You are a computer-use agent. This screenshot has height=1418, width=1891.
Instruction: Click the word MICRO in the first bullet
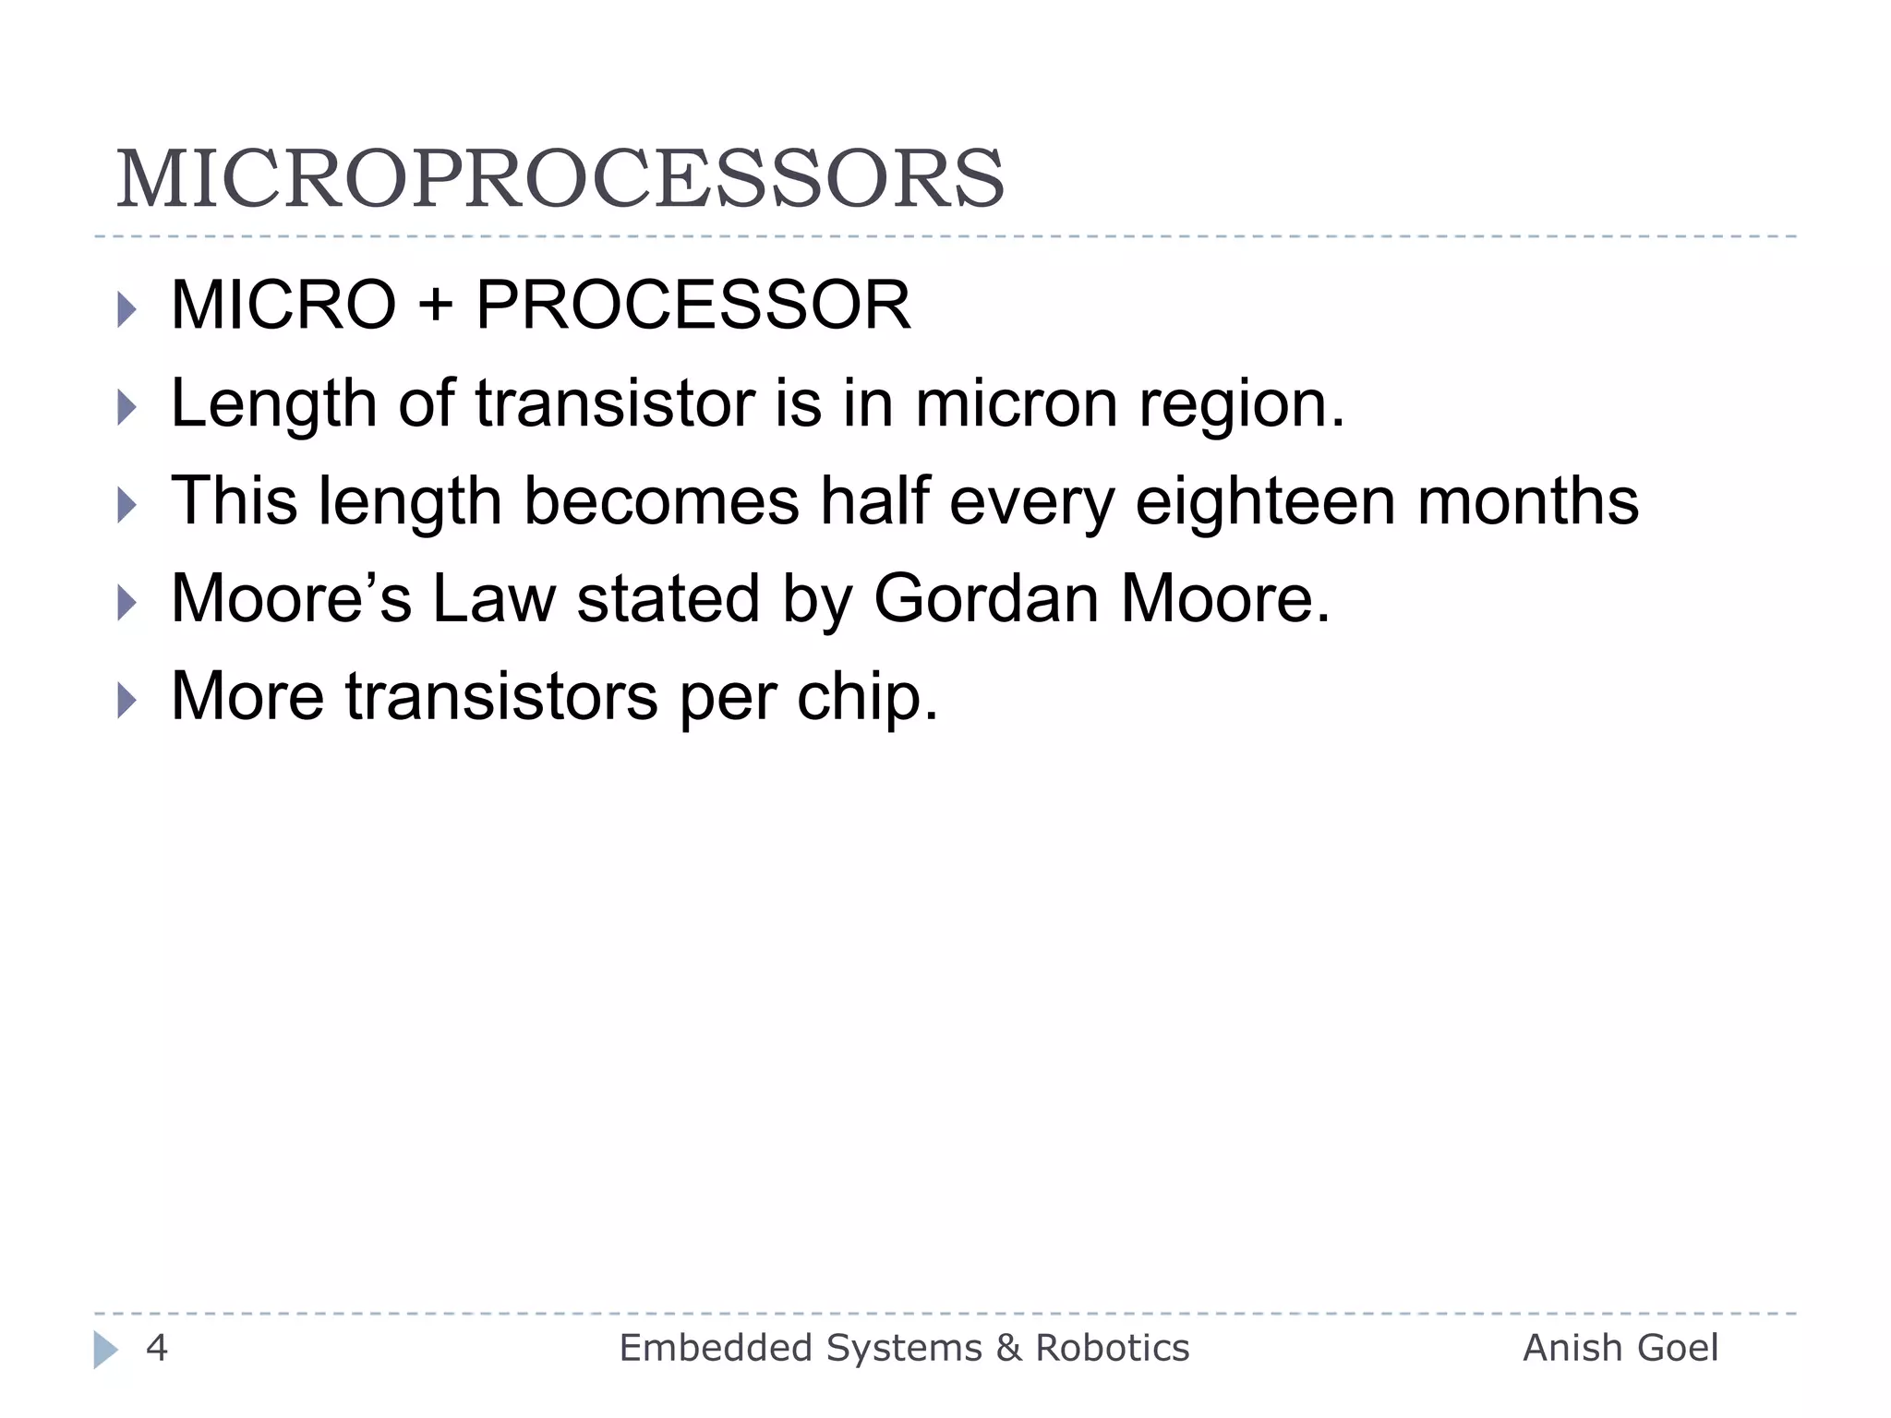coord(283,306)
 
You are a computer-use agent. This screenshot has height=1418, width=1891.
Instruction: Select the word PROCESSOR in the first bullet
coord(693,306)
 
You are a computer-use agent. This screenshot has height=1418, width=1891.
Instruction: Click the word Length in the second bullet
coord(273,404)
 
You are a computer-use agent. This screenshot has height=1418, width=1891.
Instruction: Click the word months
coord(1528,501)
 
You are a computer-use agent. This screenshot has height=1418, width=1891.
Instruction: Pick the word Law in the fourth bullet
coord(494,599)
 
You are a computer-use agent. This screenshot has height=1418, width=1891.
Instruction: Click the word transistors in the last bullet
coord(502,697)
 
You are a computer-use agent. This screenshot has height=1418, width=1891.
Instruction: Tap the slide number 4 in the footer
coord(157,1349)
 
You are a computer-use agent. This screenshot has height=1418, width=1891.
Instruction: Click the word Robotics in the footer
coord(1113,1349)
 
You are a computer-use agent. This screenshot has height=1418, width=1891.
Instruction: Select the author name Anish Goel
coord(1620,1349)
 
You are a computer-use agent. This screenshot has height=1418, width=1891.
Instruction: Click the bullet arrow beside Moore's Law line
coord(127,603)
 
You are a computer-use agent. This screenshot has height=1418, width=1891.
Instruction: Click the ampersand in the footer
coord(1008,1349)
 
